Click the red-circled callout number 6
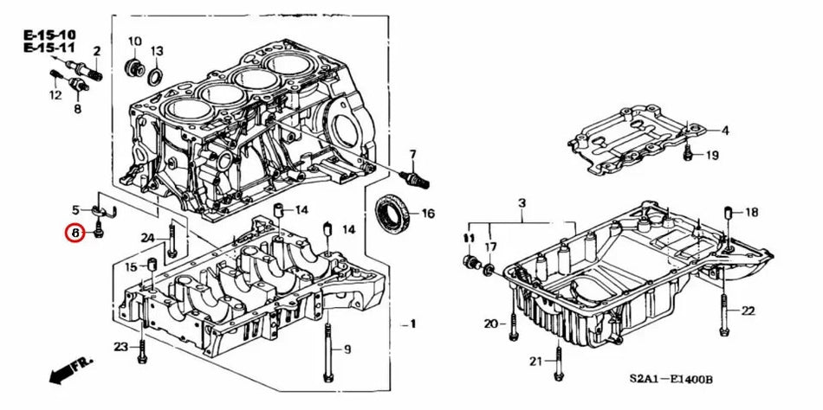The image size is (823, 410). pos(75,233)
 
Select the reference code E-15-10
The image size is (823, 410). pos(48,35)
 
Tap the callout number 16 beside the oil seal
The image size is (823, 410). pos(428,214)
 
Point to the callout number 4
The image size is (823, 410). pos(725,131)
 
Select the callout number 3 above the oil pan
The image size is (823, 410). pos(522,203)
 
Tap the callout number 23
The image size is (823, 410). pos(120,347)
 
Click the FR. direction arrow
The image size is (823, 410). pos(69,371)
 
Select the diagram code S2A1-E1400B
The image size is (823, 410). pos(671,380)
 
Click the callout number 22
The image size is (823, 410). pos(748,311)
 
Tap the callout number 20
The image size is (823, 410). pos(490,324)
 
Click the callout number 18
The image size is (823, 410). pos(751,212)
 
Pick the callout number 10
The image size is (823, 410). pos(134,42)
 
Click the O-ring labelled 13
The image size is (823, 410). pos(154,77)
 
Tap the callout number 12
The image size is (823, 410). pos(55,95)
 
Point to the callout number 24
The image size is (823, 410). pos(148,238)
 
